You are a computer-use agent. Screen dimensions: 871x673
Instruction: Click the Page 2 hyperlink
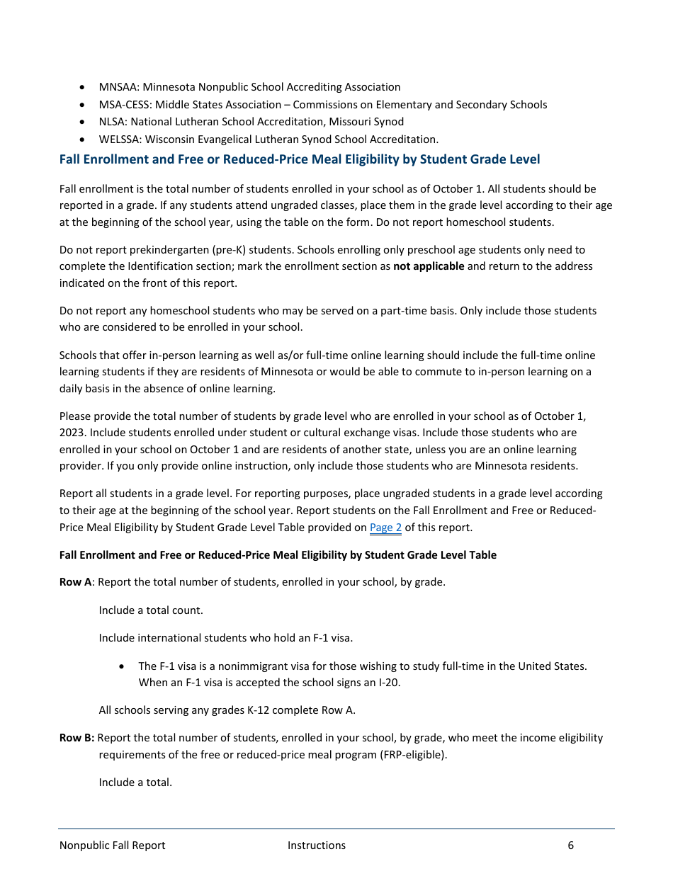pyautogui.click(x=385, y=528)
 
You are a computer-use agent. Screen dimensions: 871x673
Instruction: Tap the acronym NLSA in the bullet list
pyautogui.click(x=112, y=122)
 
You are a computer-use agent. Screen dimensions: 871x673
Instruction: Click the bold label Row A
pyautogui.click(x=76, y=582)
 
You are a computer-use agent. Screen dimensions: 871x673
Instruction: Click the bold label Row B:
pyautogui.click(x=77, y=738)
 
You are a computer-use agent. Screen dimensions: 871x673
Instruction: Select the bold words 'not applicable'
pyautogui.click(x=429, y=266)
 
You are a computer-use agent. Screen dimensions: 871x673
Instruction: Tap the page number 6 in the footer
pyautogui.click(x=570, y=846)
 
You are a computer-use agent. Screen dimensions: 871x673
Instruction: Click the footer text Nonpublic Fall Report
pyautogui.click(x=113, y=846)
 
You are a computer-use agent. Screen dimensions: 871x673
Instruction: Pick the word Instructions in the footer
pyautogui.click(x=317, y=846)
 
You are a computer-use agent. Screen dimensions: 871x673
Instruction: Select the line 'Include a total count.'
pyautogui.click(x=151, y=610)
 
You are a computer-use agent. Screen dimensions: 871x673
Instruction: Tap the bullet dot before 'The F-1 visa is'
pyautogui.click(x=123, y=666)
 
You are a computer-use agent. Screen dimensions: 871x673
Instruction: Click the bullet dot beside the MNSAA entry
pyautogui.click(x=84, y=88)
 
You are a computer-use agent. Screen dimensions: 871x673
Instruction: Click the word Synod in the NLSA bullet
pyautogui.click(x=389, y=122)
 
